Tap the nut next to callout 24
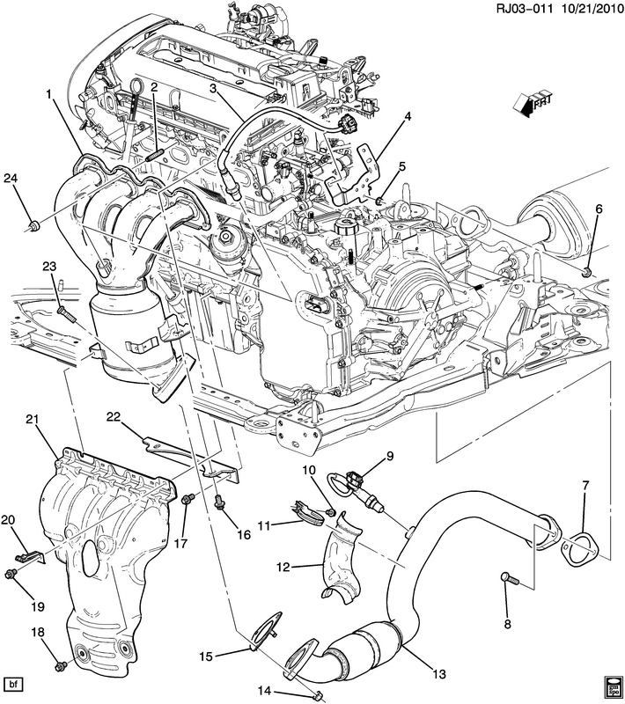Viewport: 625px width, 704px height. (33, 228)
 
